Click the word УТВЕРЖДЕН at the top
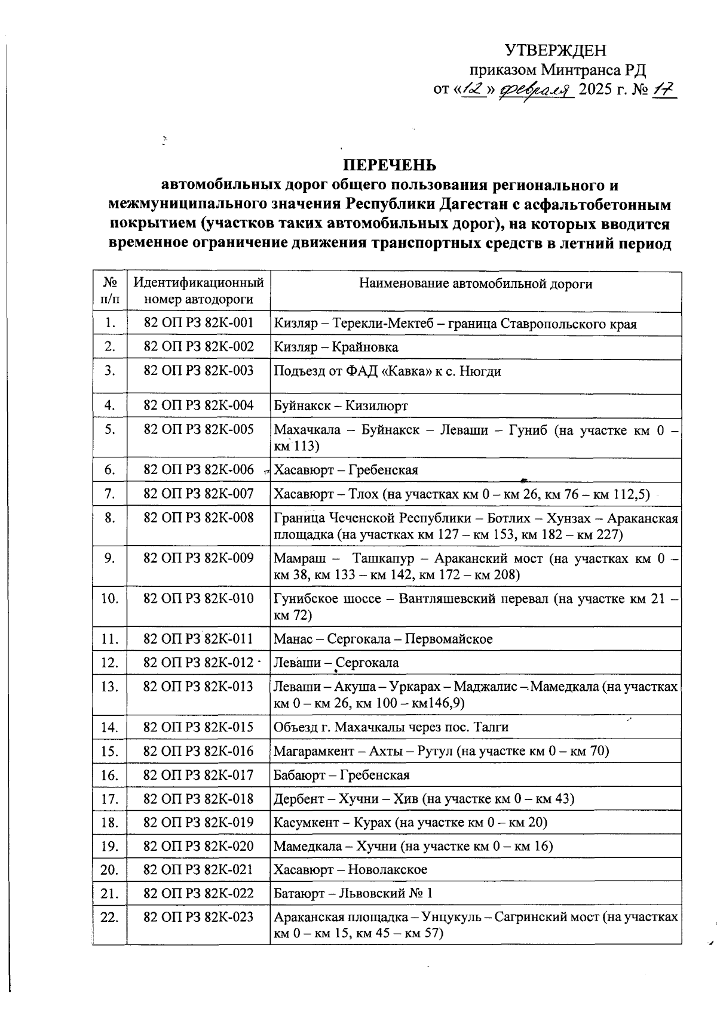[556, 51]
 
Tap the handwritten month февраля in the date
[535, 90]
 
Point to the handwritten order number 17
[663, 90]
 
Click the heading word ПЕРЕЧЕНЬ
[389, 165]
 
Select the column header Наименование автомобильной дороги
[476, 284]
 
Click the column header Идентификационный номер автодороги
[198, 291]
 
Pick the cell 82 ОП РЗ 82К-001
[198, 323]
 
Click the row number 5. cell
[109, 429]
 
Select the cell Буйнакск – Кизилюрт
[341, 406]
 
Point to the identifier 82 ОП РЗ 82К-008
[198, 518]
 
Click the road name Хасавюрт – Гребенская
[346, 470]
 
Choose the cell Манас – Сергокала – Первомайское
[383, 639]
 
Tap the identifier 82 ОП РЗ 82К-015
[198, 727]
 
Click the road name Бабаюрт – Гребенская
[342, 776]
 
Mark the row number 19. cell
[109, 846]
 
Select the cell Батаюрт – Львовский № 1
[353, 894]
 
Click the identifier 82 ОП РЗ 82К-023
[198, 917]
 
